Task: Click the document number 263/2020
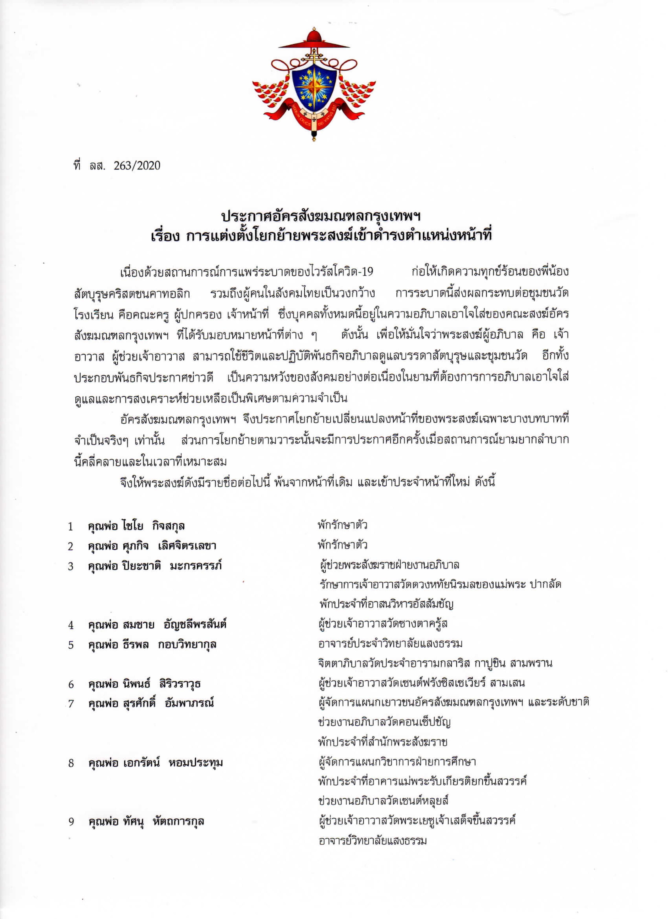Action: [x=137, y=166]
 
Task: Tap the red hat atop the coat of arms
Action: [x=314, y=40]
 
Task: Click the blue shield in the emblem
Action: [x=314, y=87]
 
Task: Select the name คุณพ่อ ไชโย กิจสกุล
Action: [x=136, y=526]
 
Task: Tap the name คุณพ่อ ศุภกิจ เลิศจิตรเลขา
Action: [x=152, y=546]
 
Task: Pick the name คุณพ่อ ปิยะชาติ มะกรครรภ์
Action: [x=155, y=566]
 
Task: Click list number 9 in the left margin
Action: [x=71, y=822]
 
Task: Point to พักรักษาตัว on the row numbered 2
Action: [x=343, y=545]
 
